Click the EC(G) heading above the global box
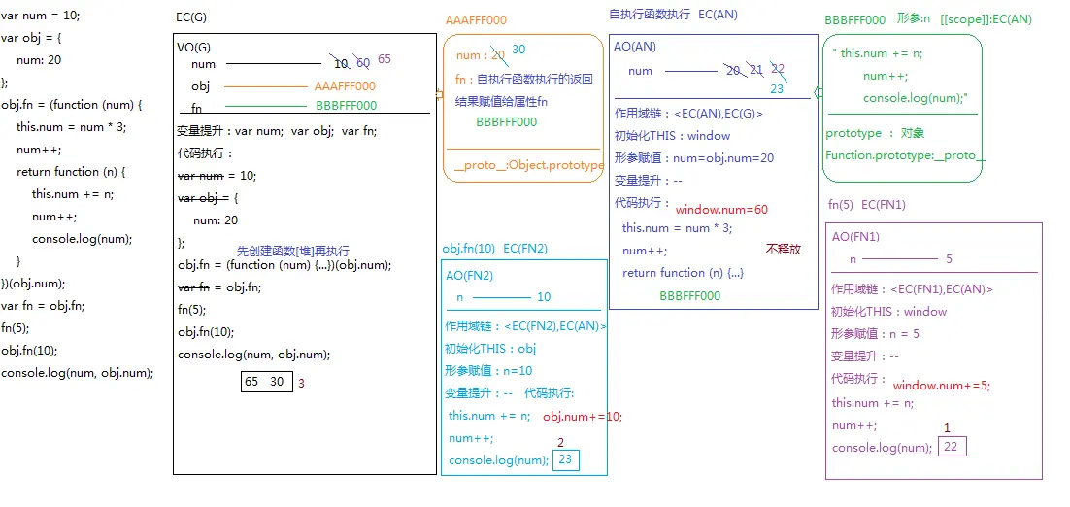pyautogui.click(x=191, y=18)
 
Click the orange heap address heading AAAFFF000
pyautogui.click(x=476, y=20)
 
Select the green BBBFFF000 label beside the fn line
pyautogui.click(x=346, y=106)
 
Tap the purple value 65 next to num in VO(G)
pyautogui.click(x=385, y=59)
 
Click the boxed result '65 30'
pyautogui.click(x=264, y=382)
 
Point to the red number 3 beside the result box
pyautogui.click(x=301, y=384)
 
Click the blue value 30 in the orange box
pyautogui.click(x=518, y=50)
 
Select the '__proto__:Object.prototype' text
pyautogui.click(x=528, y=165)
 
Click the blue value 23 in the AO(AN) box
pyautogui.click(x=777, y=88)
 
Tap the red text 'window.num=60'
pyautogui.click(x=721, y=210)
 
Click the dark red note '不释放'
pyautogui.click(x=784, y=249)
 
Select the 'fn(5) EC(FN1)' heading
pyautogui.click(x=866, y=205)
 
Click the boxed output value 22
pyautogui.click(x=953, y=447)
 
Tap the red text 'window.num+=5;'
pyautogui.click(x=941, y=386)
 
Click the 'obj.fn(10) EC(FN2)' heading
pyautogui.click(x=494, y=249)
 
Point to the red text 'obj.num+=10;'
pyautogui.click(x=583, y=417)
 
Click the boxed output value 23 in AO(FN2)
pyautogui.click(x=565, y=460)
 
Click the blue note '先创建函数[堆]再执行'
pyautogui.click(x=292, y=251)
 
